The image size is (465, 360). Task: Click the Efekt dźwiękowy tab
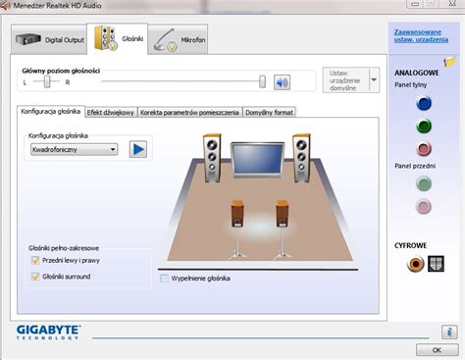click(x=111, y=113)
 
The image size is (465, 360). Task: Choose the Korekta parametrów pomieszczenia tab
click(x=189, y=113)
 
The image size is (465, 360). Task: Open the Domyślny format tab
click(x=269, y=113)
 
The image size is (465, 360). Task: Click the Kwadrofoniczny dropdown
click(x=73, y=149)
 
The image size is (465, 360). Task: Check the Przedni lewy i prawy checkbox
click(x=35, y=262)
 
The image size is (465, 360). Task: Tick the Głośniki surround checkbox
click(x=35, y=278)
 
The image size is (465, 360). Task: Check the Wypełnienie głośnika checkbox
click(x=164, y=279)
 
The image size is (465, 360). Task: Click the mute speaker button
click(x=283, y=82)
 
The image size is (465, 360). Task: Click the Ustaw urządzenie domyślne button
click(x=346, y=80)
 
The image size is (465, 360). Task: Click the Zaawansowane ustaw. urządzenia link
click(x=412, y=37)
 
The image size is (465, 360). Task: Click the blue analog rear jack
click(x=423, y=101)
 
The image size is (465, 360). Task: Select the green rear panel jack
click(x=423, y=125)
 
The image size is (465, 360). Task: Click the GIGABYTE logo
click(x=49, y=334)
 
